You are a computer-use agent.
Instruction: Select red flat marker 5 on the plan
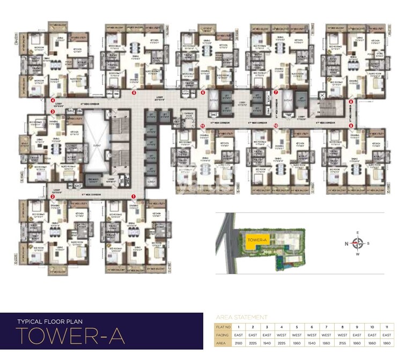134,93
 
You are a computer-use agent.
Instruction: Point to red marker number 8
351,101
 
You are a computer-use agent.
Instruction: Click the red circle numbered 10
276,126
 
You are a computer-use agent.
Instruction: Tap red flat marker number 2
52,197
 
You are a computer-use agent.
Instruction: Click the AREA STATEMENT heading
241,317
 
